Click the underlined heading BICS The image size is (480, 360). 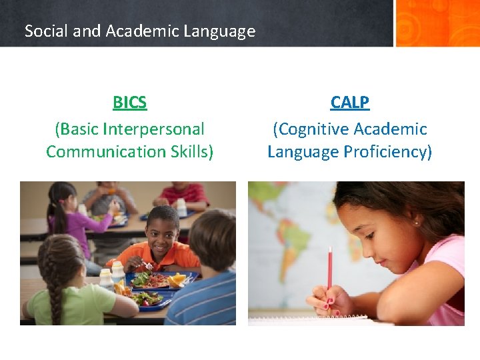(129, 103)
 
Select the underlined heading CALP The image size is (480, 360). (349, 103)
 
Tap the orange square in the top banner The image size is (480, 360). (437, 23)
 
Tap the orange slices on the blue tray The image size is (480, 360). (176, 279)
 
